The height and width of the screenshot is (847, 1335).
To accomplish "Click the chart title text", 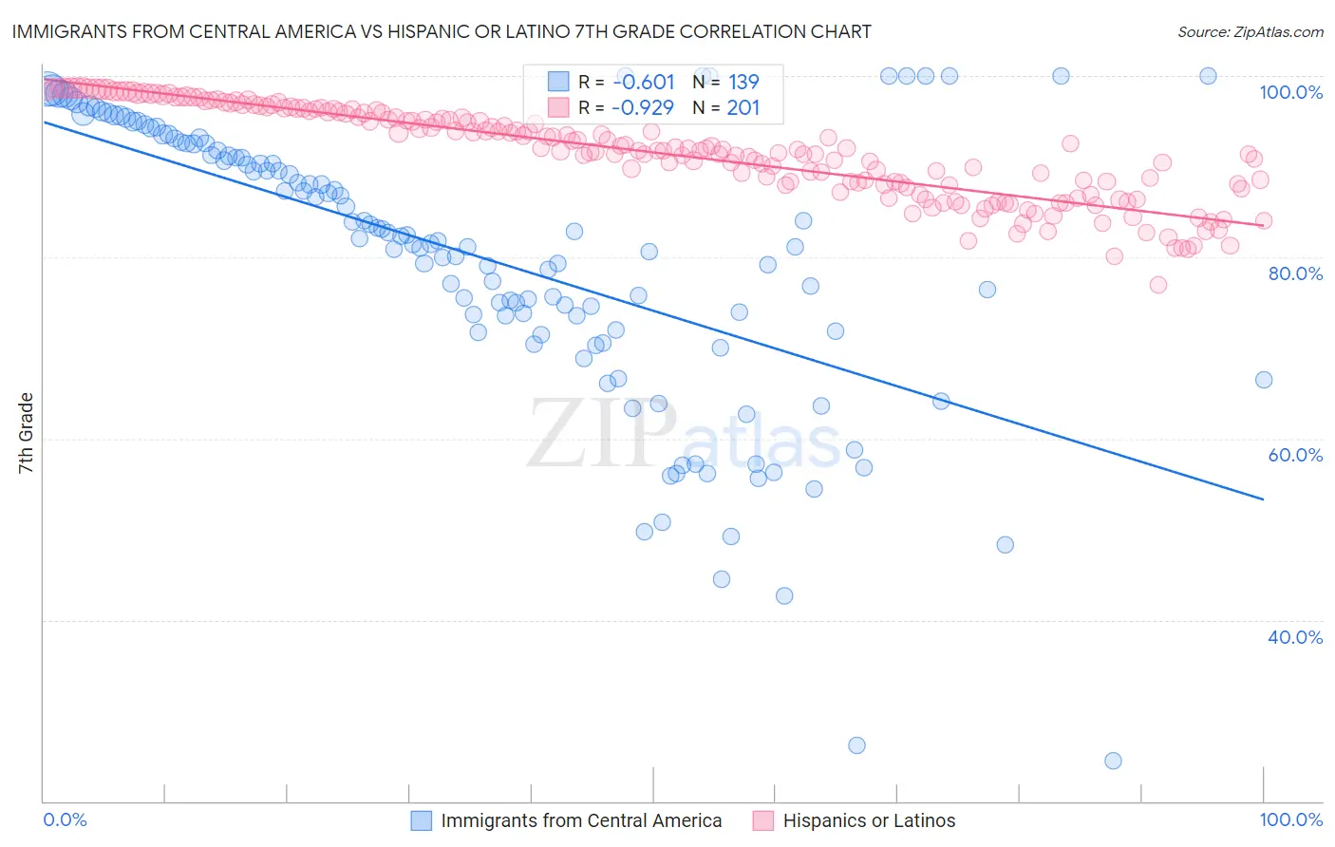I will coord(442,31).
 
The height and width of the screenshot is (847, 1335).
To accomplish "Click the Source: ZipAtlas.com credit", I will coord(1250,31).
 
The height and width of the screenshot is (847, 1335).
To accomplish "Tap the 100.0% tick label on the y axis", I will coord(1290,92).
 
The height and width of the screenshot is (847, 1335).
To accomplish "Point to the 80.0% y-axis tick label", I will coord(1295,273).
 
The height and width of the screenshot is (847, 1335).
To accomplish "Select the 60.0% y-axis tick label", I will coord(1295,455).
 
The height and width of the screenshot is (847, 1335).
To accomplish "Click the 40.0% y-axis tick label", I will coord(1295,637).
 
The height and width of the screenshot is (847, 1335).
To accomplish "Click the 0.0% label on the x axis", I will coord(66,819).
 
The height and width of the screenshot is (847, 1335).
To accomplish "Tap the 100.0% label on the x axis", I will coord(1290,819).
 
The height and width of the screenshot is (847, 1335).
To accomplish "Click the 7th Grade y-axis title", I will coord(26,433).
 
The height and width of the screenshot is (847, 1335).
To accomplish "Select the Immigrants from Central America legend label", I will coord(581,820).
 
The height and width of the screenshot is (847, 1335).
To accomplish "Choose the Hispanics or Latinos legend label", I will coord(869,820).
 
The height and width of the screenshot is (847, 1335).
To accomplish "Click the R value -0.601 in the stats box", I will coord(643,82).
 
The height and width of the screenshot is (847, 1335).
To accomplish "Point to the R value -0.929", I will coord(643,107).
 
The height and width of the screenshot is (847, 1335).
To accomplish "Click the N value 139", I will coord(743,82).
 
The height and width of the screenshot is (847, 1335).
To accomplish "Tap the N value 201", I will coord(743,107).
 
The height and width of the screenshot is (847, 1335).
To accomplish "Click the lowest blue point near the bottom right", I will coord(1113,761).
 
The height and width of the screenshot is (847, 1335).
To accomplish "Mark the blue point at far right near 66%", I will coord(1263,380).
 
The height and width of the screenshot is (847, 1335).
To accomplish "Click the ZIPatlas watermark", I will coord(684,434).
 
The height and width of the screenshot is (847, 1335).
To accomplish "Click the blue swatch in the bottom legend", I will coord(422,820).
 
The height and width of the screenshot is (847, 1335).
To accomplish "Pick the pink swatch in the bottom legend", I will coord(763,820).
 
